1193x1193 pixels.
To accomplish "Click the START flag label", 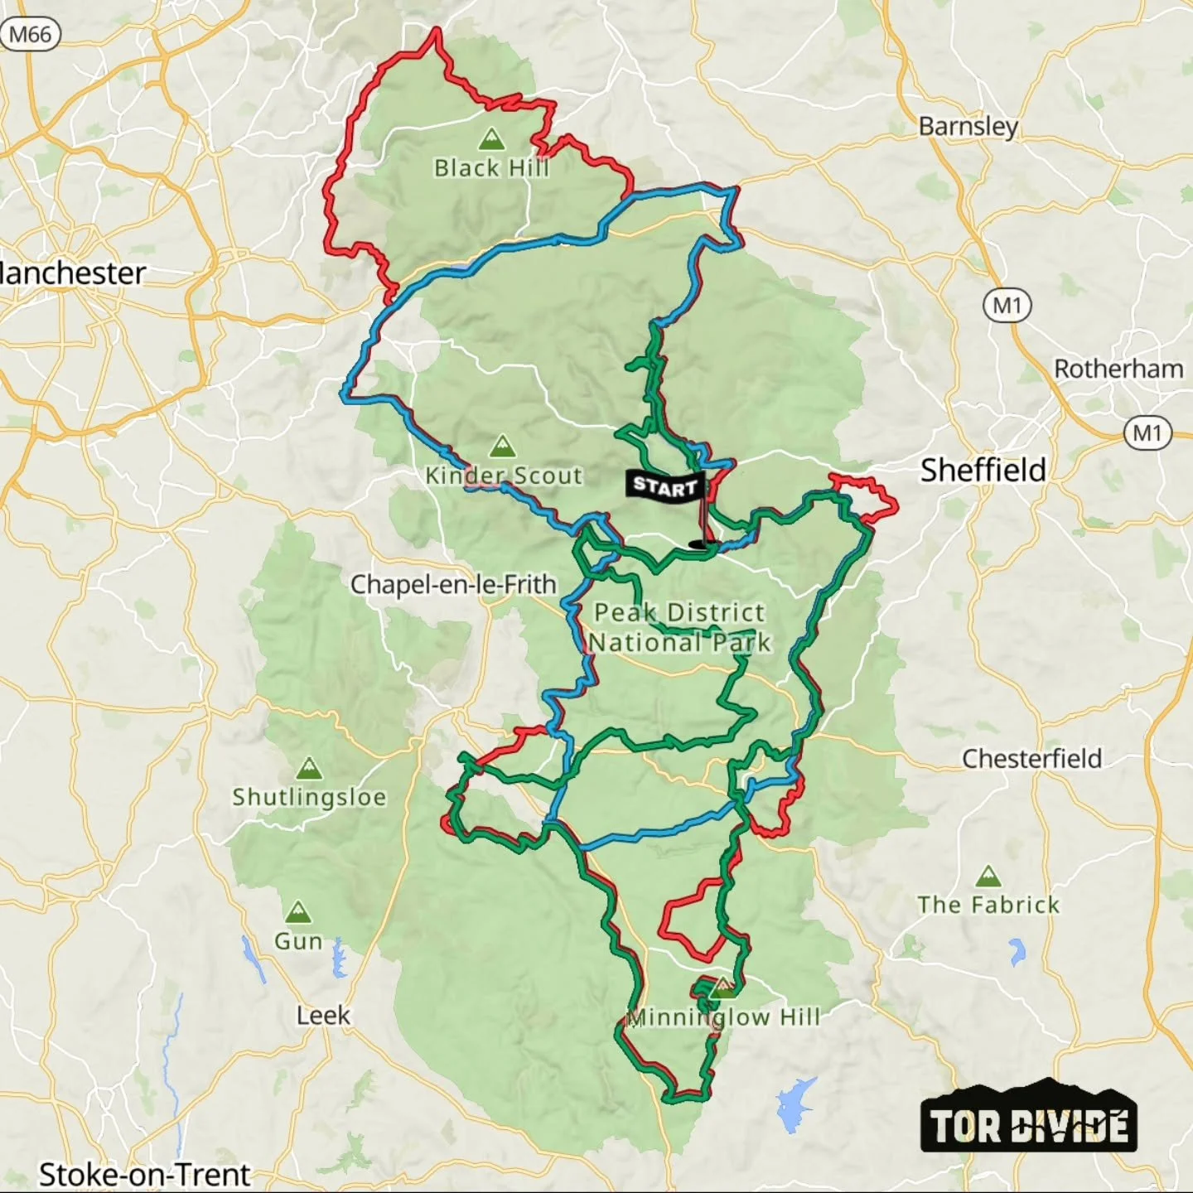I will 665,485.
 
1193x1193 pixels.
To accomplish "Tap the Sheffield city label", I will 983,471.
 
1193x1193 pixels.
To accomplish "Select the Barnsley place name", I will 968,126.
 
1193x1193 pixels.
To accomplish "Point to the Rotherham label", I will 1118,369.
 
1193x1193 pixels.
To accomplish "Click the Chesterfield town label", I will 1031,758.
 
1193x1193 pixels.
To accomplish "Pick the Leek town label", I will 323,1015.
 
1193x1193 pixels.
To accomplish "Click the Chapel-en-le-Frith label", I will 453,584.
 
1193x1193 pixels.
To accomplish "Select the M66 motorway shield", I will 31,35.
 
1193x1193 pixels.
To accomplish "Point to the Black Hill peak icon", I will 492,138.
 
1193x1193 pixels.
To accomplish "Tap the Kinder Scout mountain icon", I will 503,447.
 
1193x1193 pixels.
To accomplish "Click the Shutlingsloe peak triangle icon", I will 309,768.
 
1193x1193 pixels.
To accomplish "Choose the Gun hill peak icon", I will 297,913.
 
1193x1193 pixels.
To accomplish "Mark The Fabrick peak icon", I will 988,876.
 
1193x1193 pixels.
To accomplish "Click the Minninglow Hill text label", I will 723,1017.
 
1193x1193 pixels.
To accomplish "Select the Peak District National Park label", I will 679,627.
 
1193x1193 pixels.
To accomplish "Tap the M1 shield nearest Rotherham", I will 1147,432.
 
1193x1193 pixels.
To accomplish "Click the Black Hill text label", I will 491,168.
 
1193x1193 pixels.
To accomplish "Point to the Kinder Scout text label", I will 504,476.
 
